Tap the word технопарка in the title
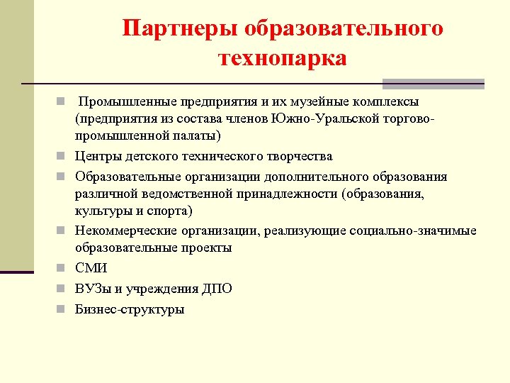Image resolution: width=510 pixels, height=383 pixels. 283,57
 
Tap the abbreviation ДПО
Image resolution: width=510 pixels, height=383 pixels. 215,289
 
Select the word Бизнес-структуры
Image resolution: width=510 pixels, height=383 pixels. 130,309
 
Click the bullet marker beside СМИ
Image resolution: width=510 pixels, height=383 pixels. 62,268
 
